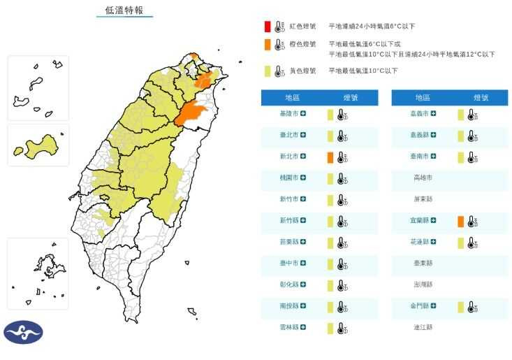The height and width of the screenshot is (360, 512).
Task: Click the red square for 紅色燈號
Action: tap(267, 27)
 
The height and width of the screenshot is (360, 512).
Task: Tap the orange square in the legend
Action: tap(267, 45)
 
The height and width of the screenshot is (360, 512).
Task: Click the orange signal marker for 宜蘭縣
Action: tap(460, 222)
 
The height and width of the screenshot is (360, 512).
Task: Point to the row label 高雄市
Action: tap(423, 178)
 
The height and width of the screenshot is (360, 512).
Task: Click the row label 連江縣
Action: tap(423, 327)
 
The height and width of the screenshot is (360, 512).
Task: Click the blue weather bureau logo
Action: tap(23, 333)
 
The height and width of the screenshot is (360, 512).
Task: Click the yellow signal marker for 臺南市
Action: tap(460, 157)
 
